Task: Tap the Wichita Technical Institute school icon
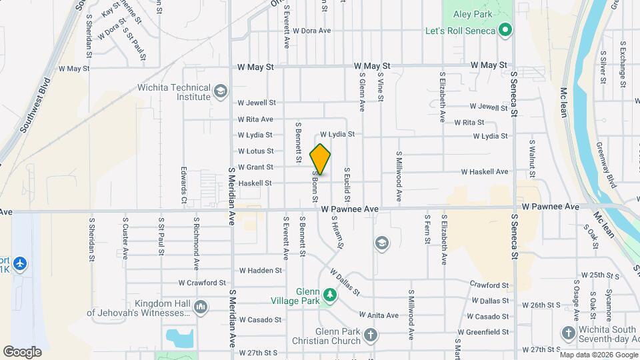[x=221, y=90]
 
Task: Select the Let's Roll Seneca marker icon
[x=505, y=31]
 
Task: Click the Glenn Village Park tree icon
[x=329, y=294]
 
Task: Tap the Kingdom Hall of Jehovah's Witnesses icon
[x=201, y=307]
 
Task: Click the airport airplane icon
[x=20, y=263]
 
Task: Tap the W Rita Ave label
[x=255, y=119]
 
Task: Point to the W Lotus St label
[x=255, y=151]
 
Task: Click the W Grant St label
[x=255, y=167]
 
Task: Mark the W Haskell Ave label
[x=486, y=171]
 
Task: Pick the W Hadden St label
[x=261, y=271]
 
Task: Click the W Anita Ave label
[x=379, y=315]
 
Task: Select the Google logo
[x=22, y=351]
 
